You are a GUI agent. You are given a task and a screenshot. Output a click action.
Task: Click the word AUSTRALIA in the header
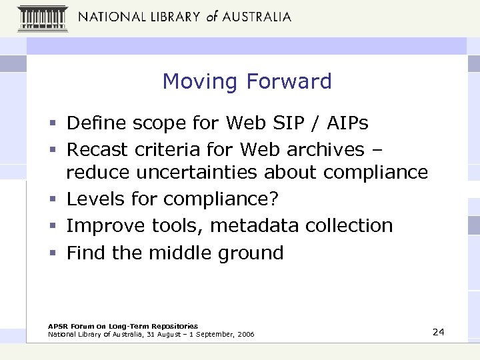pyautogui.click(x=256, y=17)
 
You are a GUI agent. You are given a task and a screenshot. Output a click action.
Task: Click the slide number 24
pyautogui.click(x=438, y=332)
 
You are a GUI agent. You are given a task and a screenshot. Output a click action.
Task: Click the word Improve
pyautogui.click(x=107, y=225)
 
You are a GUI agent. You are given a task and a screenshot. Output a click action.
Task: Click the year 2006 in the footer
pyautogui.click(x=245, y=334)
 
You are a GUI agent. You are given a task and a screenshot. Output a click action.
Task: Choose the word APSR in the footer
pyautogui.click(x=57, y=326)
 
